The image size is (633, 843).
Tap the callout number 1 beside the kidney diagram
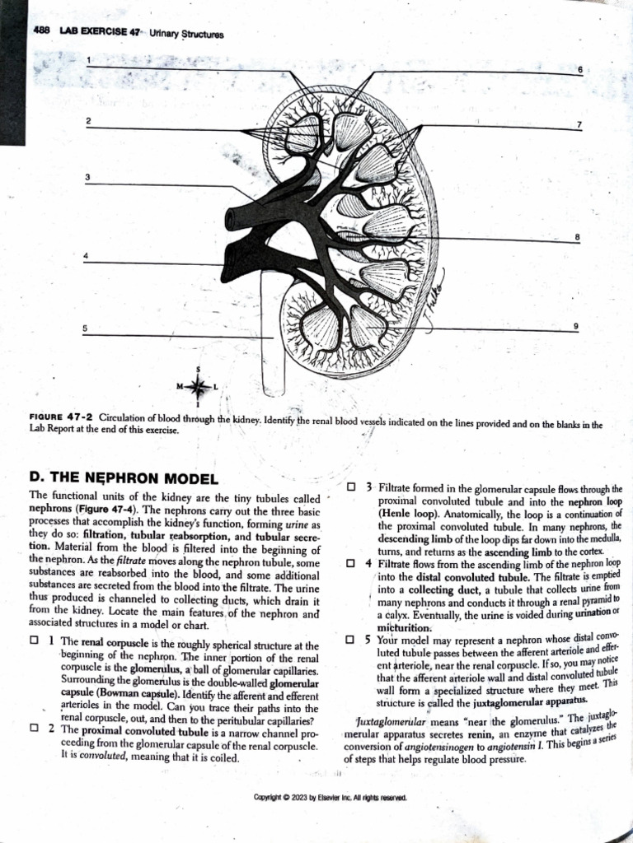[x=90, y=59]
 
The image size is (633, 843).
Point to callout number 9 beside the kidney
[x=576, y=327]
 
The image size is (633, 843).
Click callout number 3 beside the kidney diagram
[x=87, y=177]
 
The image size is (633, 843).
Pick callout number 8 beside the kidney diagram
[x=577, y=237]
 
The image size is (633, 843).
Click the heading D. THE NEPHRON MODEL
[x=123, y=478]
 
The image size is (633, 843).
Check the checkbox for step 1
[x=34, y=641]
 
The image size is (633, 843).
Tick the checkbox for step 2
[x=34, y=728]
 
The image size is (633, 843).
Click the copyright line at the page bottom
[x=328, y=797]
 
